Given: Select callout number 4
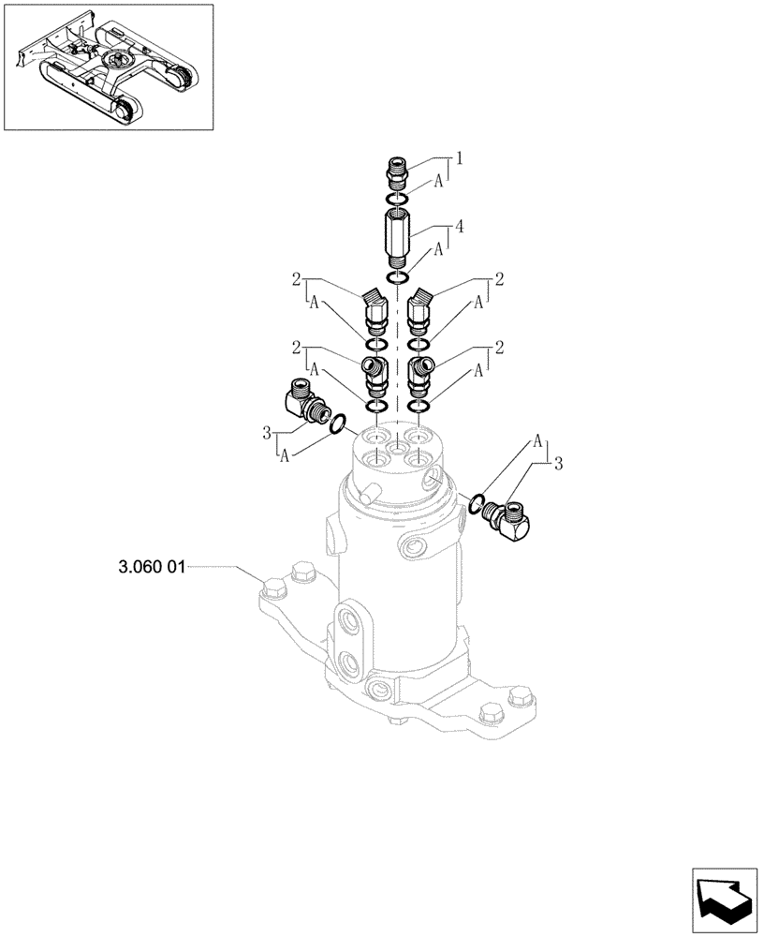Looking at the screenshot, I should (459, 226).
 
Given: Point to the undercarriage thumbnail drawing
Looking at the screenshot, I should (108, 67).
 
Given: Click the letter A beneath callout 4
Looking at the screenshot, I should (438, 254).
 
